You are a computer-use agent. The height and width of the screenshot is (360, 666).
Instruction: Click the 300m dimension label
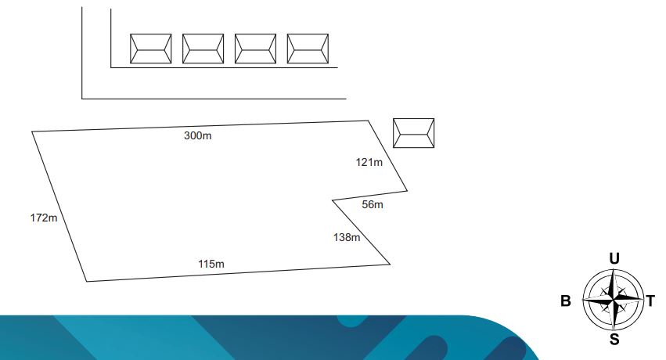tap(197, 135)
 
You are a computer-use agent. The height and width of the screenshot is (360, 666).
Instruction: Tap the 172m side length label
tap(44, 218)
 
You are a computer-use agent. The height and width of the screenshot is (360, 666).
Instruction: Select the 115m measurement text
tap(211, 264)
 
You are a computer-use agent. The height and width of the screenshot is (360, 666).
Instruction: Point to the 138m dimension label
tap(347, 237)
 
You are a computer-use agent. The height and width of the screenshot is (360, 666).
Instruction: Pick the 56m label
tap(373, 204)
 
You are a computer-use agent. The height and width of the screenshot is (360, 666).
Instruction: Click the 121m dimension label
tap(369, 162)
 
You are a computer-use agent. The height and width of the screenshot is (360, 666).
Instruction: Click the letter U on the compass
tap(614, 258)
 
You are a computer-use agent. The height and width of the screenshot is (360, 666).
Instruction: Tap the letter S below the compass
tap(614, 339)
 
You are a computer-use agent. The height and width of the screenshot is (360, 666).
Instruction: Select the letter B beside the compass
tap(566, 301)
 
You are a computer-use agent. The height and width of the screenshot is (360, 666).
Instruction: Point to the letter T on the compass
tap(650, 301)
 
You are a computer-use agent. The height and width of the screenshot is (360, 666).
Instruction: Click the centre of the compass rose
tap(614, 301)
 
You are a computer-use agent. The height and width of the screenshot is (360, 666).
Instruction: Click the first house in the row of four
tap(151, 49)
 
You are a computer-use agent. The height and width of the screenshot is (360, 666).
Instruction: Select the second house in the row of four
tap(203, 49)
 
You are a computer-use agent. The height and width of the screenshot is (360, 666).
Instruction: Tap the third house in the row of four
tap(255, 49)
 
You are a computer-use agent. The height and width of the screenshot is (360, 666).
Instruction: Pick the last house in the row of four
tap(308, 49)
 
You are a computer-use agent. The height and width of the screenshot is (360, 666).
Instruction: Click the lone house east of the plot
tap(414, 133)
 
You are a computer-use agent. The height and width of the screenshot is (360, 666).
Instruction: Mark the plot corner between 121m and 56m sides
tap(407, 191)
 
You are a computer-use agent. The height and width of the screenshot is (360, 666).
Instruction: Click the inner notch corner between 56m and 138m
tap(332, 200)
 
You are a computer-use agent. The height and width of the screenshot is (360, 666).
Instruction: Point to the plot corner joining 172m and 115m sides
tap(87, 281)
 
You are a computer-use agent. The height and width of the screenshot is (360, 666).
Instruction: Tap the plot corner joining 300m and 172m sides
tap(32, 131)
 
